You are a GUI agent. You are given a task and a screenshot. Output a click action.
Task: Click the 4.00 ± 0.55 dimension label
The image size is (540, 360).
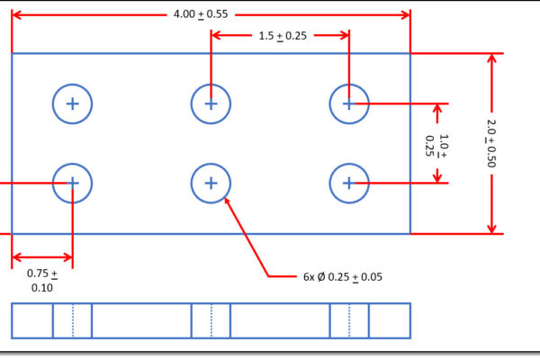point(201,14)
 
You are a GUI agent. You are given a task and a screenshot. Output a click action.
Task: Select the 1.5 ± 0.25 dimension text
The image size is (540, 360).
point(280,35)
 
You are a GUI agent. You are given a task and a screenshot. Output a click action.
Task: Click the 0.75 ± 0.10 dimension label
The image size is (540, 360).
point(41,280)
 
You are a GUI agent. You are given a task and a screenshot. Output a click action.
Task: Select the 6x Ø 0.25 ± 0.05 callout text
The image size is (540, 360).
point(342,276)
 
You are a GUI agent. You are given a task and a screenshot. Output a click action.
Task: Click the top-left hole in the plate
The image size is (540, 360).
point(72,103)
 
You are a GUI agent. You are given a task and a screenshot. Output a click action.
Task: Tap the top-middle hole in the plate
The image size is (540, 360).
point(211,103)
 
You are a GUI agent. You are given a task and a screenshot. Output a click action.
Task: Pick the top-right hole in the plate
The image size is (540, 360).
point(349,103)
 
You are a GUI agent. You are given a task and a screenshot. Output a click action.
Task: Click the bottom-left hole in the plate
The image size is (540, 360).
point(72,183)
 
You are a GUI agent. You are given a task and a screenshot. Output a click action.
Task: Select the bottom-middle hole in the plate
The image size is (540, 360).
point(211,183)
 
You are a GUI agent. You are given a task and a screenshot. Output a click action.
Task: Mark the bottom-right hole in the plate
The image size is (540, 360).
point(349,183)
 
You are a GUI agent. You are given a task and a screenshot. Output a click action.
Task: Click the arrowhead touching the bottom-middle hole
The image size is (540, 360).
point(227,201)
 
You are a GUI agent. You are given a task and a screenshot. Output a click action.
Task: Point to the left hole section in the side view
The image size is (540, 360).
point(72,320)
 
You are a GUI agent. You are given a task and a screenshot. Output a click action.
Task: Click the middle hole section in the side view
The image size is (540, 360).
point(211,320)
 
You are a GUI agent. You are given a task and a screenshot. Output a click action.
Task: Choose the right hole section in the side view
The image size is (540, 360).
point(349,320)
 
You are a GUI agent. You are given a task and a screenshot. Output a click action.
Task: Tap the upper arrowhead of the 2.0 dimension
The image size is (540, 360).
point(491,59)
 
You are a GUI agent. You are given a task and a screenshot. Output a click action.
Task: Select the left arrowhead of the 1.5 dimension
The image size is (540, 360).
point(217,35)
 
